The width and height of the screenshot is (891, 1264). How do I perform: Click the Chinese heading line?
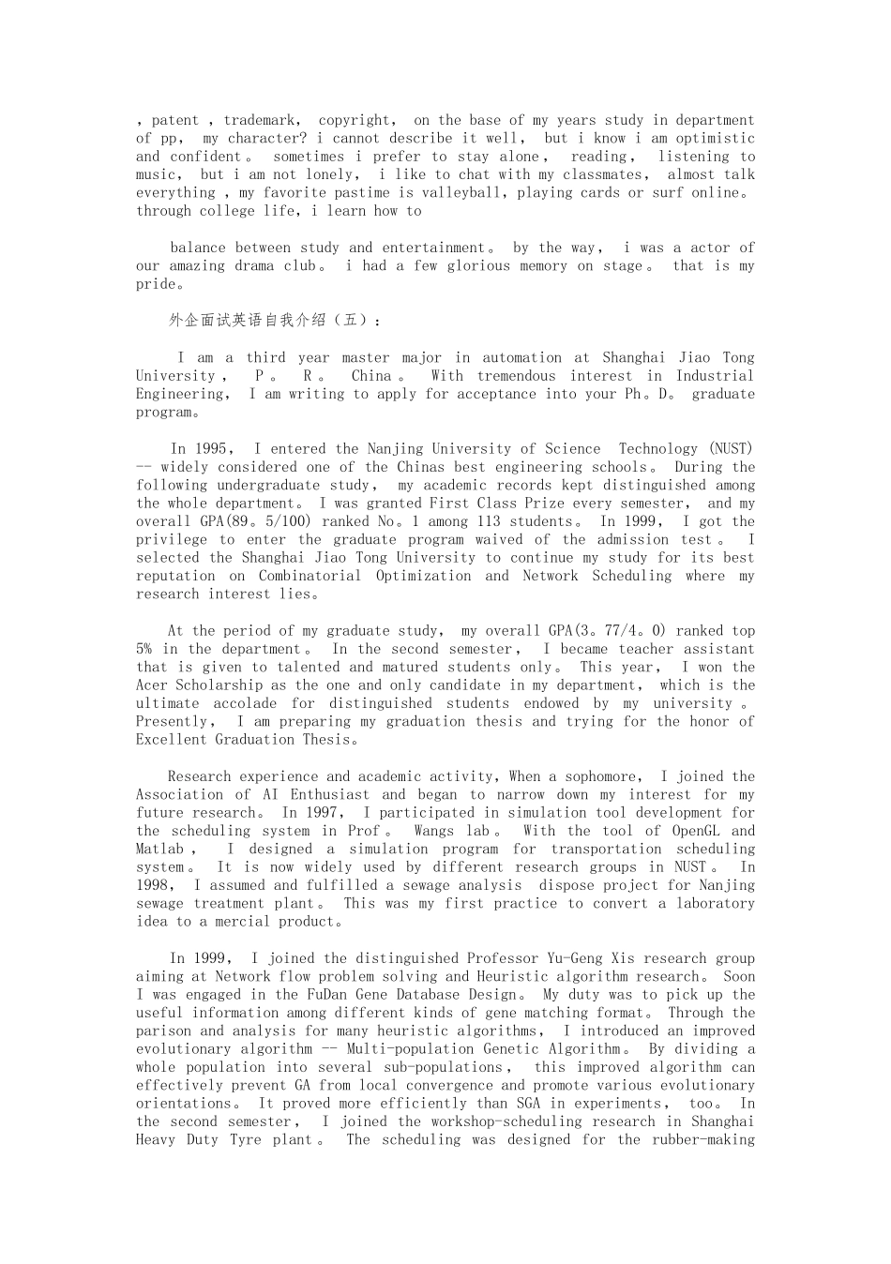pyautogui.click(x=276, y=321)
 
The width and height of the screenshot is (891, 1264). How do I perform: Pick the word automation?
pyautogui.click(x=521, y=357)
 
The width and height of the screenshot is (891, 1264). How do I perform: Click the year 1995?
pyautogui.click(x=211, y=449)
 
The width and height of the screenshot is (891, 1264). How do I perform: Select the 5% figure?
pyautogui.click(x=143, y=650)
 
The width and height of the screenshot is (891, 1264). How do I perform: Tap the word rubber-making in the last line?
pyautogui.click(x=703, y=1140)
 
